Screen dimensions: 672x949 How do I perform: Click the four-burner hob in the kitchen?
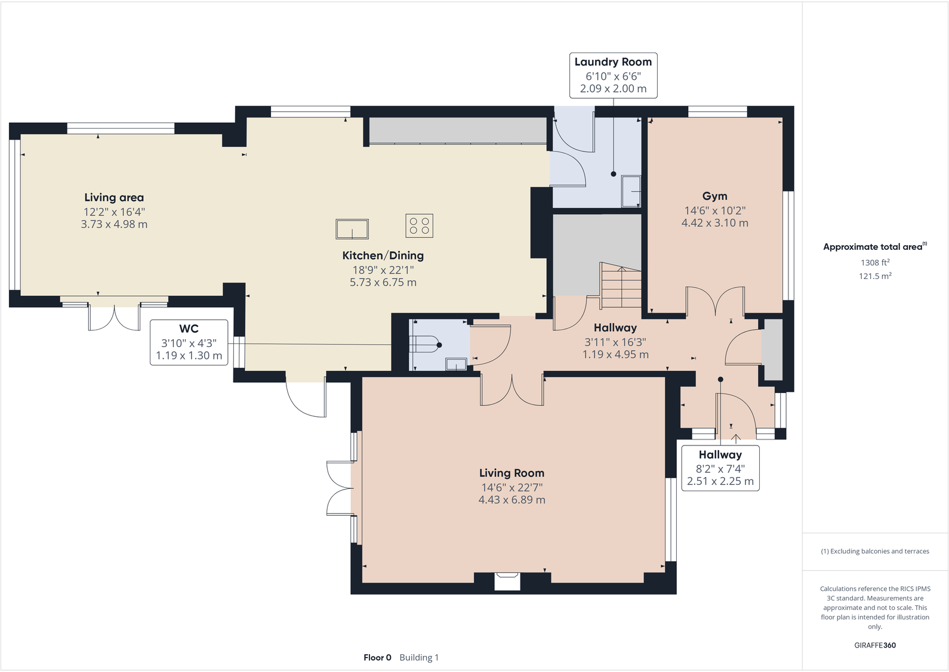[419, 225]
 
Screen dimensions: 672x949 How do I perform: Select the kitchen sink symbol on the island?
[352, 228]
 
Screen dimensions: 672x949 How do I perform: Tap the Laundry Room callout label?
[613, 75]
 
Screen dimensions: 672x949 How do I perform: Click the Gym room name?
[714, 196]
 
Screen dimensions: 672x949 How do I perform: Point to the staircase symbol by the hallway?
[621, 286]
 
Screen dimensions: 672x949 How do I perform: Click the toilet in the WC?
[425, 345]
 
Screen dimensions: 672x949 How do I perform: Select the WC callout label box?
[189, 342]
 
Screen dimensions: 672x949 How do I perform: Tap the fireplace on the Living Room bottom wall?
[507, 580]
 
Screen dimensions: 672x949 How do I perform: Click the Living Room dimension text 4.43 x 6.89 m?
[512, 500]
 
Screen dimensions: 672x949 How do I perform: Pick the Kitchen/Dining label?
[383, 255]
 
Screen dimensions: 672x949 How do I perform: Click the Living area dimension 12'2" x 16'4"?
[114, 212]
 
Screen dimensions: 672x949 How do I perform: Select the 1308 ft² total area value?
[875, 262]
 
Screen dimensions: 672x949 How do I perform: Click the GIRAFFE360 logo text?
[875, 645]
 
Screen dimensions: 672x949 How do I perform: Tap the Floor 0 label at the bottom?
[377, 657]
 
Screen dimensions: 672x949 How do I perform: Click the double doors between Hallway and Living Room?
[512, 391]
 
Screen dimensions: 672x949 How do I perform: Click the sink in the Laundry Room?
[631, 191]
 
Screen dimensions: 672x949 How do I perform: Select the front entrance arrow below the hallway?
[736, 439]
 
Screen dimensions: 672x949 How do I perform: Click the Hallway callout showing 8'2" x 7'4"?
[720, 468]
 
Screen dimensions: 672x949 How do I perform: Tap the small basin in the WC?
[457, 363]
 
